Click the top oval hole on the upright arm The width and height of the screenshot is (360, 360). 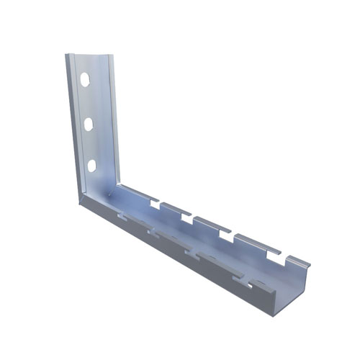pyautogui.click(x=86, y=79)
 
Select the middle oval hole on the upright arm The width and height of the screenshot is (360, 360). pyautogui.click(x=89, y=124)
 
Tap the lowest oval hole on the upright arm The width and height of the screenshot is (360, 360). pyautogui.click(x=93, y=166)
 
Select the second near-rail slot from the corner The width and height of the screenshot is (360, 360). pyautogui.click(x=153, y=232)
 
